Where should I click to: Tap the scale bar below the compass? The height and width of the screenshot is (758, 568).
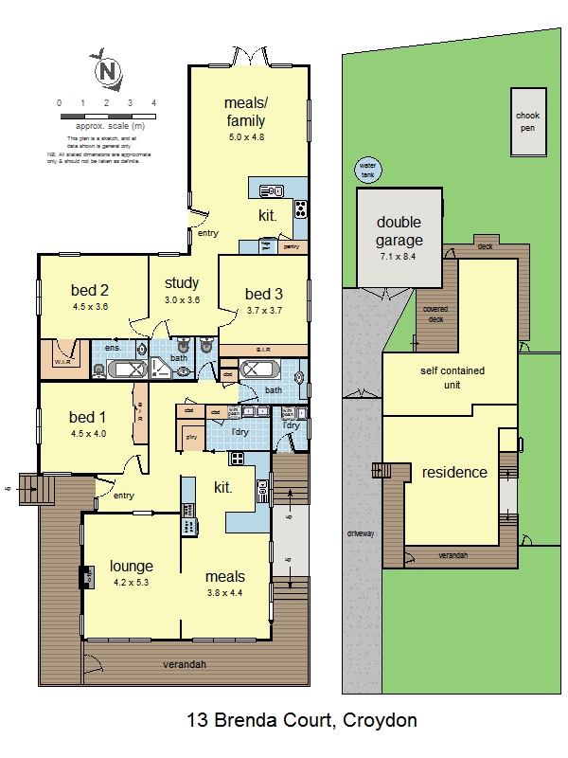107,116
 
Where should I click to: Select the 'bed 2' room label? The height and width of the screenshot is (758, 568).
91,290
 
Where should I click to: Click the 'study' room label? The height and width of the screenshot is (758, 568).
181,282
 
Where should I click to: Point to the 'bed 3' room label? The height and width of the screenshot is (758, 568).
263,293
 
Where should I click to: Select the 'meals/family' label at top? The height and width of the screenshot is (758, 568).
245,111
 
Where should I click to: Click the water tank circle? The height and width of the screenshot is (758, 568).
366,171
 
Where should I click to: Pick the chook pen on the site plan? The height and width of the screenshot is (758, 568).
527,122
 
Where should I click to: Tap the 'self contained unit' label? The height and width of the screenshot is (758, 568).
453,378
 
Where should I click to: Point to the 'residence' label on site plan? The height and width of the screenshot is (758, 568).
454,472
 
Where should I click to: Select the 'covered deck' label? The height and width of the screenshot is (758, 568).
435,314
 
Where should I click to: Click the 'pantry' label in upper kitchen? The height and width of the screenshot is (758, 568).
292,246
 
